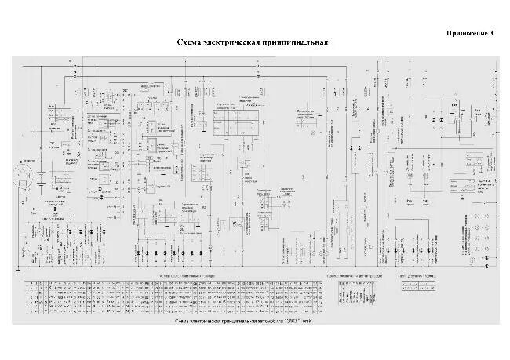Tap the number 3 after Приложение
pos(491,33)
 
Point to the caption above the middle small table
pos(360,276)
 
